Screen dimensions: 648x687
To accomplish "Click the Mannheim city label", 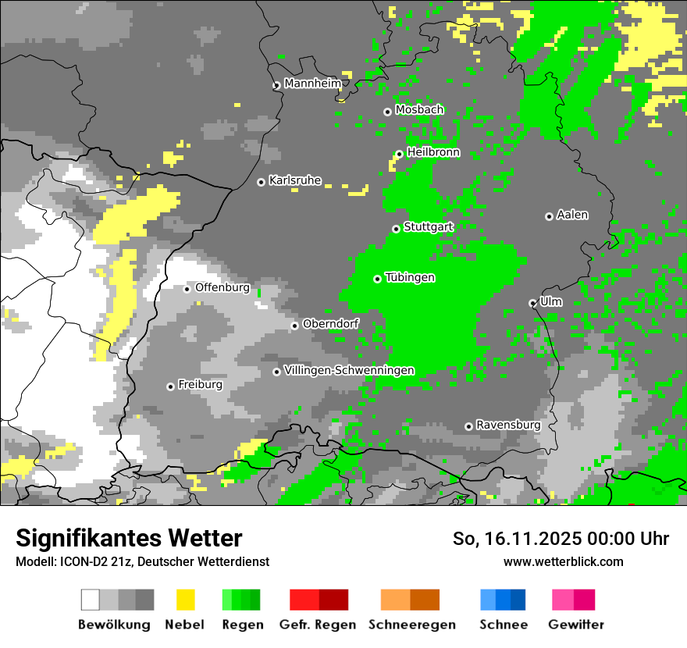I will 312,84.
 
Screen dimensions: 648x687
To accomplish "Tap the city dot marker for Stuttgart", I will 396,229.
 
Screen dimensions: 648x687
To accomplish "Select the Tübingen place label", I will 410,278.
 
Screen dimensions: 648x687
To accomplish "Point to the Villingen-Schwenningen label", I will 349,370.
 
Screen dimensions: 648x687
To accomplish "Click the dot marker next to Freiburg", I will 170,386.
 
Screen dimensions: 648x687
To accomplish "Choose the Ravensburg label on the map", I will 508,425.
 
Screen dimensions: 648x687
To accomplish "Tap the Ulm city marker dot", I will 532,303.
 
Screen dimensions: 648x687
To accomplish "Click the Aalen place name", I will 572,215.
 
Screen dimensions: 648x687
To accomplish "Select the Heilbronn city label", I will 433,152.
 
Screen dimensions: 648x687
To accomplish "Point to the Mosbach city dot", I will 387,112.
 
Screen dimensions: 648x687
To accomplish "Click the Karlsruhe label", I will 295,180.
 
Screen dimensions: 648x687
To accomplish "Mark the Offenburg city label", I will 222,287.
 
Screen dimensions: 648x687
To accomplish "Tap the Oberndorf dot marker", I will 294,326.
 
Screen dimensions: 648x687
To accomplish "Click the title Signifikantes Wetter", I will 129,538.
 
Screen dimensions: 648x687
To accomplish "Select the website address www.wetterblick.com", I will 563,561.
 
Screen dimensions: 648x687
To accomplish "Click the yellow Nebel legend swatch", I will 186,600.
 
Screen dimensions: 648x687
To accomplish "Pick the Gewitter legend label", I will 576,625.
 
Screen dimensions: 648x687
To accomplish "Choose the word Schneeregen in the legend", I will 412,625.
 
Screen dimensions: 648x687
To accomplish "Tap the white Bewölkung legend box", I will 91,600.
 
